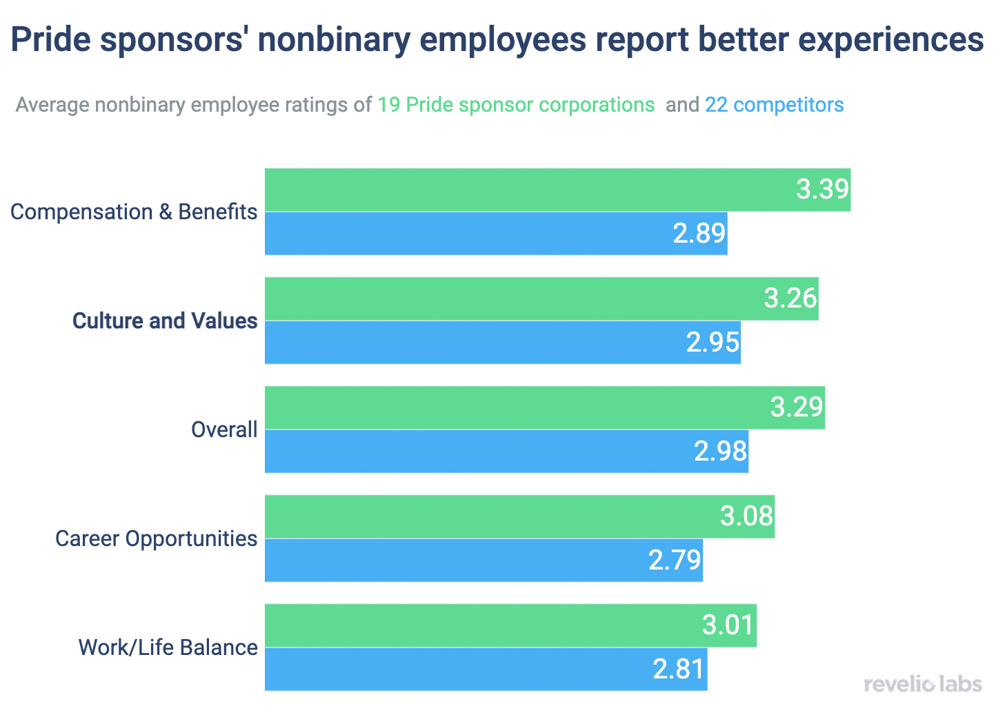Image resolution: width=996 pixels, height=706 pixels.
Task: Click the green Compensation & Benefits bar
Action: pos(524,190)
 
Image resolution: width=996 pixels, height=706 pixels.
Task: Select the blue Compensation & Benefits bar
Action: pos(469,233)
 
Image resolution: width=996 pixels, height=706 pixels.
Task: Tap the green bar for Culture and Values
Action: pos(510,299)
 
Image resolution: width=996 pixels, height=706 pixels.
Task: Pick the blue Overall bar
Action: pos(476,451)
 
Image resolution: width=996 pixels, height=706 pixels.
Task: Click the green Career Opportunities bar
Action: pos(490,516)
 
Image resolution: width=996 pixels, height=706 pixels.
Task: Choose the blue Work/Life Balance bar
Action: pos(455,669)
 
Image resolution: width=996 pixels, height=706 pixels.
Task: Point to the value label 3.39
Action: pos(822,189)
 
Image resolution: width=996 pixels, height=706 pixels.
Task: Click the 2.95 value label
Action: pos(713,342)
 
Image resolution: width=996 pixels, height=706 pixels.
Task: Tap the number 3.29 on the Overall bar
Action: pos(797,407)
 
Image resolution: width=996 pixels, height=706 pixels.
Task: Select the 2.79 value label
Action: pos(675,560)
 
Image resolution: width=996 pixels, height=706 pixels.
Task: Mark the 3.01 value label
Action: pos(728,625)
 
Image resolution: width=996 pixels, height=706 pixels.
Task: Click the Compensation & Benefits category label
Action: pos(134,212)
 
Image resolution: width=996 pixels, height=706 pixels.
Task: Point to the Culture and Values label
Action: pos(165,321)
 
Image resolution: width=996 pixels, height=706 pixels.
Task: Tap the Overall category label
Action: pos(224,430)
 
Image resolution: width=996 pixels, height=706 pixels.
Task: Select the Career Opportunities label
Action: pos(157,538)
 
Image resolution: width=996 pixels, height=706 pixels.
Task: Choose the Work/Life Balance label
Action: pos(168,647)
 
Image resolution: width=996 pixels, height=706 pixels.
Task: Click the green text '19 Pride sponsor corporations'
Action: pos(516,105)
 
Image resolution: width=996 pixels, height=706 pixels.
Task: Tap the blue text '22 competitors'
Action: pos(774,105)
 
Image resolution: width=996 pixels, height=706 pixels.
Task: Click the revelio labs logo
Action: pos(922,684)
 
